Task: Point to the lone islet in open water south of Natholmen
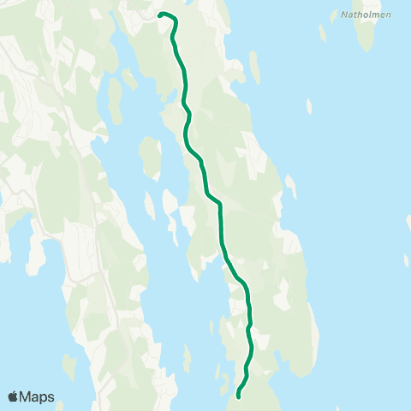308,105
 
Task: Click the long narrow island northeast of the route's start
255,67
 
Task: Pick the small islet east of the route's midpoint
290,186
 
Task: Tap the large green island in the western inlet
150,156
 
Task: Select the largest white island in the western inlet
170,202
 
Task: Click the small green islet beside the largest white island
149,205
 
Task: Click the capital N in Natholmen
343,14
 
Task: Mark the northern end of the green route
160,14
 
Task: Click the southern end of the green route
237,396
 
